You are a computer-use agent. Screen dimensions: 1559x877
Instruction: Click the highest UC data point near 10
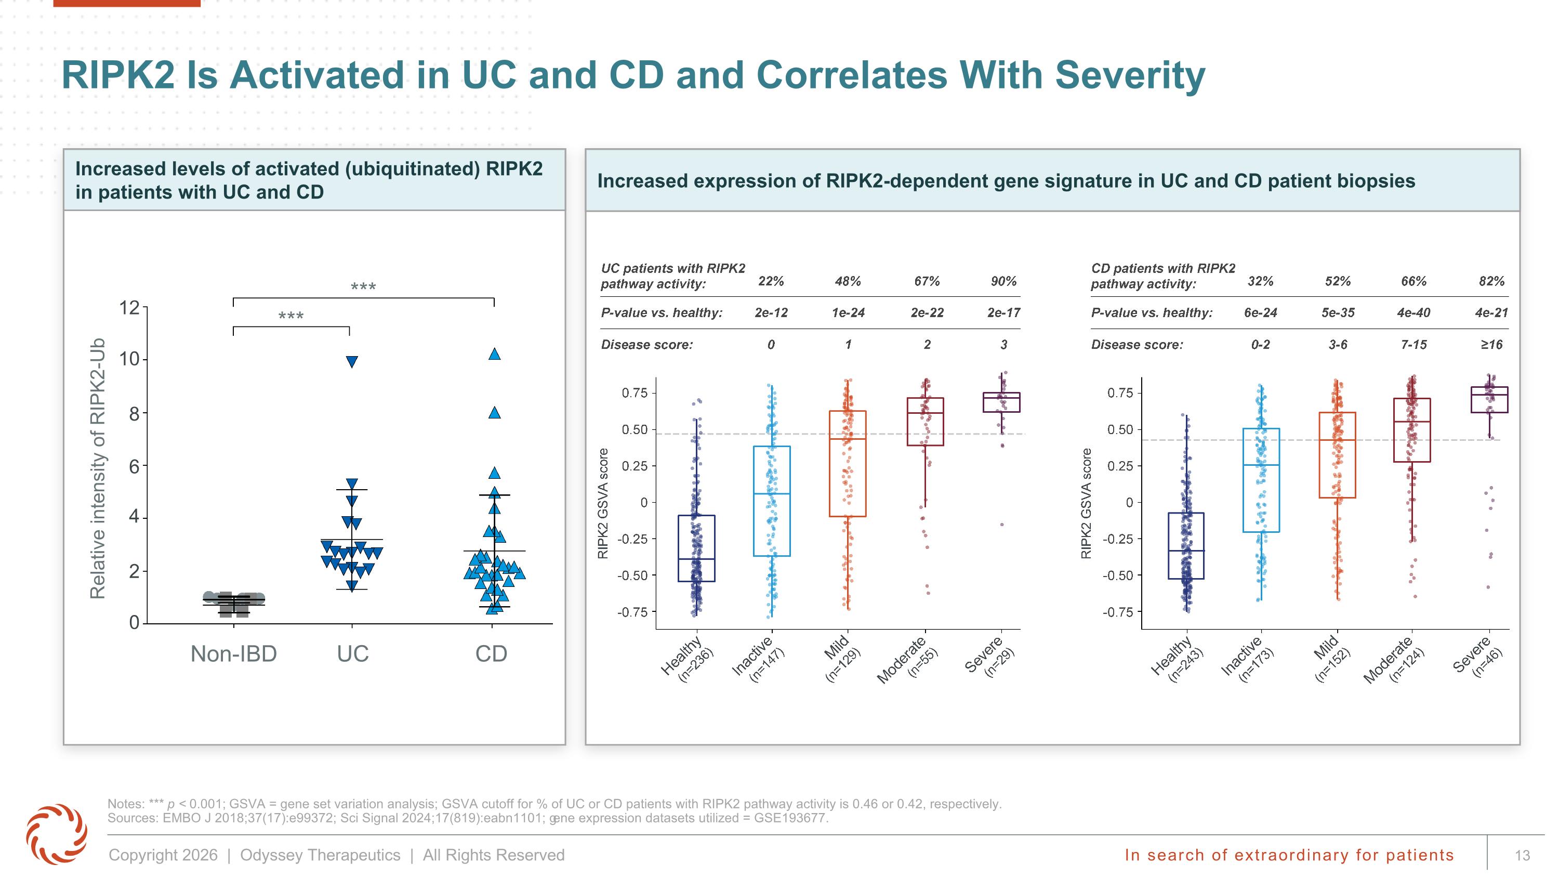pos(352,362)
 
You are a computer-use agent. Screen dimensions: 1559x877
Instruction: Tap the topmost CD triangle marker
pos(494,354)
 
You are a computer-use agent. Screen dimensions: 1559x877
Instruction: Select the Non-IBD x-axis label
pos(234,653)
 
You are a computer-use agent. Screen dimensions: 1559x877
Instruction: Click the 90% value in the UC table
pos(1003,281)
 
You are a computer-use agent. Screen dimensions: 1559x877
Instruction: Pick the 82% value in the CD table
pos(1491,281)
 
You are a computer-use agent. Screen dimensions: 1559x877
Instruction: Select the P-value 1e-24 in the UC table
pos(848,313)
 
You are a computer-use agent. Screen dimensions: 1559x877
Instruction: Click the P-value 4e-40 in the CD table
pos(1413,313)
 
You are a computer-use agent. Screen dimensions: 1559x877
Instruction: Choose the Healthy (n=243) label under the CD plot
pos(1177,659)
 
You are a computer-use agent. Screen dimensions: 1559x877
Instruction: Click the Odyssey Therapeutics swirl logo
pos(56,834)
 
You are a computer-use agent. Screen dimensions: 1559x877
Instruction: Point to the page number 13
pos(1522,855)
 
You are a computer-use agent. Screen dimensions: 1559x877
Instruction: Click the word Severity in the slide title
pos(1130,76)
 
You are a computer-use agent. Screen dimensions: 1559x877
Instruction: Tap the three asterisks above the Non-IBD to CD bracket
pos(363,287)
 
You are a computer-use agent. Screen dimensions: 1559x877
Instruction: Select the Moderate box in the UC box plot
pos(926,422)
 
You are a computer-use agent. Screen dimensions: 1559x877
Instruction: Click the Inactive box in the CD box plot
pos(1261,480)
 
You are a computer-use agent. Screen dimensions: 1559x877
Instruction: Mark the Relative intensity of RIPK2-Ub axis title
pos(98,468)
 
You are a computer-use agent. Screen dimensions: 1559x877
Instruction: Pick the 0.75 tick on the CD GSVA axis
pos(1120,394)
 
